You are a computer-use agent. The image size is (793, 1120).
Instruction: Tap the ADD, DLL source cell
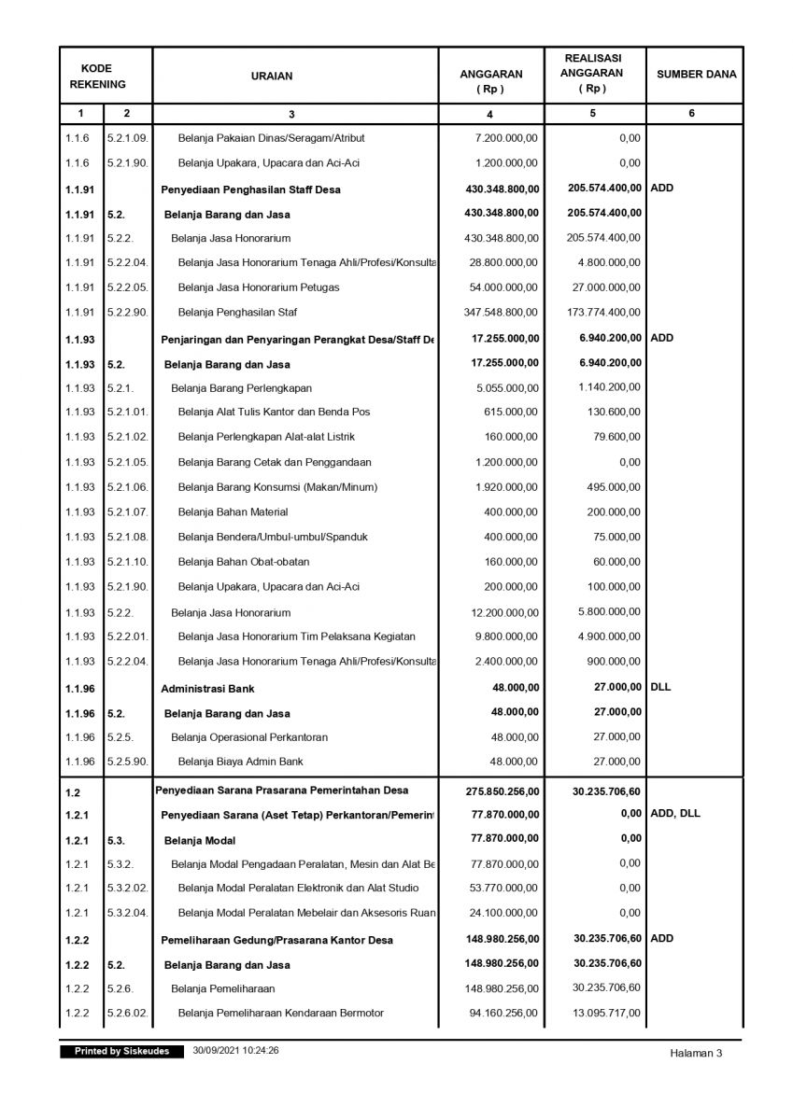675,813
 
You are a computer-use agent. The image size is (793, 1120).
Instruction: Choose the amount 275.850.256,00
501,791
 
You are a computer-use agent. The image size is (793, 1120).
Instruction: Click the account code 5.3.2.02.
127,888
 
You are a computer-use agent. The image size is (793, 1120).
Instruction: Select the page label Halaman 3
696,1053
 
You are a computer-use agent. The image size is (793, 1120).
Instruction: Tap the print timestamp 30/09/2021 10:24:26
236,1051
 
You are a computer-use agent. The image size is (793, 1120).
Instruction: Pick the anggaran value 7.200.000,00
506,138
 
